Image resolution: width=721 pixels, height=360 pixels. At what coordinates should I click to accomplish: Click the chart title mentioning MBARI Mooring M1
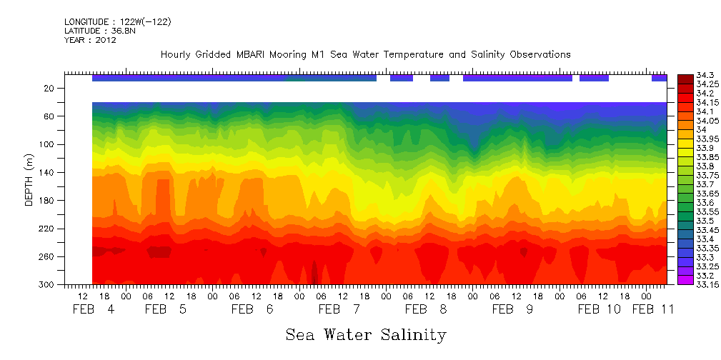365,54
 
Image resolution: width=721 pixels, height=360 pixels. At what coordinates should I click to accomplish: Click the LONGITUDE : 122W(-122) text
117,22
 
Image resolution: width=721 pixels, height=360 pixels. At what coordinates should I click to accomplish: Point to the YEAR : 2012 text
90,40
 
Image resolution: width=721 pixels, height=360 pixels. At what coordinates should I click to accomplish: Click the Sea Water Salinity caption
365,334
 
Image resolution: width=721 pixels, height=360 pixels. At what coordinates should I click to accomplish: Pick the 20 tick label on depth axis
49,89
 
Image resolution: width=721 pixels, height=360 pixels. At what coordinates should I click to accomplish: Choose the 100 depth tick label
47,144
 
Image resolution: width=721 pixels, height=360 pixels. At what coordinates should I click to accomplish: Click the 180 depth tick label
47,201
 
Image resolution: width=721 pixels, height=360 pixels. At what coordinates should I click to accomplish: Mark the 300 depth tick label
47,285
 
